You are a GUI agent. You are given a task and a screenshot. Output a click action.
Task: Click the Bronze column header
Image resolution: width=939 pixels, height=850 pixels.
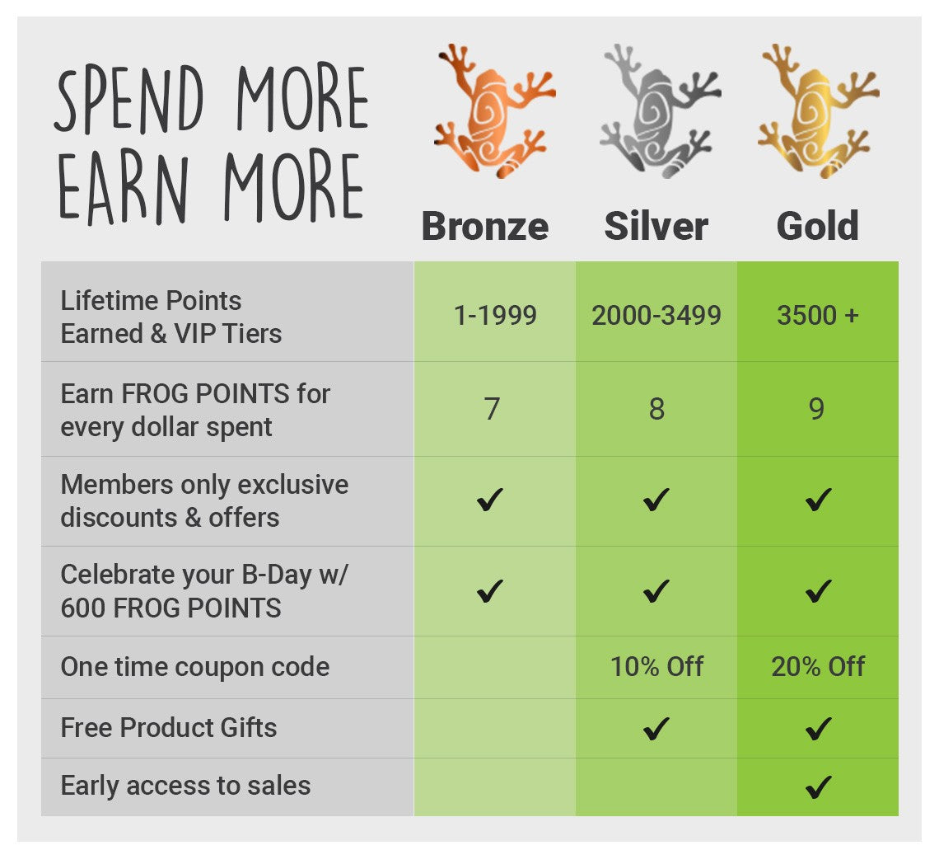(485, 226)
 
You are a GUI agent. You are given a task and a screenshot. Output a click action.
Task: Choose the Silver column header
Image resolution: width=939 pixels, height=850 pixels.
(656, 226)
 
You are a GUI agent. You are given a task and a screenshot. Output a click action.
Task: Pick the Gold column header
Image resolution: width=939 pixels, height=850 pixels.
(817, 226)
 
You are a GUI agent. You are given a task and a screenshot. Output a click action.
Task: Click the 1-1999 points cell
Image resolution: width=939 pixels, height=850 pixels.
(495, 315)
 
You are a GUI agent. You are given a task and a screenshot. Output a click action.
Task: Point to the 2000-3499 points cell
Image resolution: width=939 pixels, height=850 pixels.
(656, 315)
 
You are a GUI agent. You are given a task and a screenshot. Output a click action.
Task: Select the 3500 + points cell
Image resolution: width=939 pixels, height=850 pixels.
(817, 315)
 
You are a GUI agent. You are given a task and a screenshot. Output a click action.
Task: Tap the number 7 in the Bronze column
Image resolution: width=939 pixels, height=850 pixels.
(492, 409)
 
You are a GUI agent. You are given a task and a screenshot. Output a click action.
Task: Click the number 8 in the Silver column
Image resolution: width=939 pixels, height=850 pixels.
(656, 409)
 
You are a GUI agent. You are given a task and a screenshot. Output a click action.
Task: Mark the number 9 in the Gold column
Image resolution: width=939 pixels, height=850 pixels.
(816, 409)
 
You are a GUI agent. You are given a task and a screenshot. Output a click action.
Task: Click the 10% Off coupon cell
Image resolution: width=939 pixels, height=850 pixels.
(656, 666)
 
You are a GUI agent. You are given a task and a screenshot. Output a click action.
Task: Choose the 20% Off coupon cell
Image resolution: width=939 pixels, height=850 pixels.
(818, 666)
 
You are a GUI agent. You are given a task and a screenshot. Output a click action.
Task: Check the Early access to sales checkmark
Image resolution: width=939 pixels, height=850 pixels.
(818, 787)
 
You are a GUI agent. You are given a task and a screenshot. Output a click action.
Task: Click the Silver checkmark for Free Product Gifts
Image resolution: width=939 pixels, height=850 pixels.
(656, 729)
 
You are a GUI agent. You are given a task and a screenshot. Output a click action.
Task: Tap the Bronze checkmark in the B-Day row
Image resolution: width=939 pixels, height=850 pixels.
(490, 591)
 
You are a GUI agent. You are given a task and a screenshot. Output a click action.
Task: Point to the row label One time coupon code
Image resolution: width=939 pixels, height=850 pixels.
(195, 666)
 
